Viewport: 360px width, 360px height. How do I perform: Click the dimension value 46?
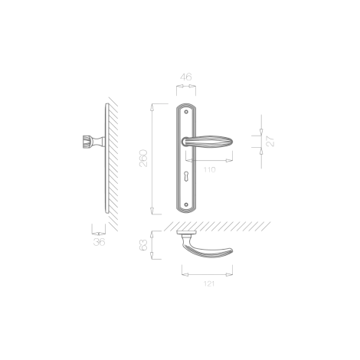[186, 77]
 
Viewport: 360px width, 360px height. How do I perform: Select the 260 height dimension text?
[143, 159]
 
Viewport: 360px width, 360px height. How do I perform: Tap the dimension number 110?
[209, 169]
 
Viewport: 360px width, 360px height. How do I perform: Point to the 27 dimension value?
[270, 142]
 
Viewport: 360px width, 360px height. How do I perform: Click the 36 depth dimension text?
[99, 242]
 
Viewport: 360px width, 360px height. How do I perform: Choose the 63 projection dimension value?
[144, 245]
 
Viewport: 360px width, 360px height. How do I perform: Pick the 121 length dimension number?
[209, 283]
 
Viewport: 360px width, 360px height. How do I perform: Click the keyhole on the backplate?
[186, 176]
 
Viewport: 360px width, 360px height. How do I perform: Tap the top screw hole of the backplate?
[186, 112]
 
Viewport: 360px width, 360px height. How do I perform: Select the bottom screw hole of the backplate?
[186, 205]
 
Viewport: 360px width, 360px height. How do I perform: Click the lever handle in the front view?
[207, 142]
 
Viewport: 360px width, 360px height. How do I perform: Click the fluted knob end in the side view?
[83, 142]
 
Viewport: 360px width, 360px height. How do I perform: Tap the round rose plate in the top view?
[187, 232]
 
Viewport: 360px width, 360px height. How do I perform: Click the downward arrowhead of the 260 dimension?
[152, 211]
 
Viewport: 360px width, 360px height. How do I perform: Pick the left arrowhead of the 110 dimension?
[189, 160]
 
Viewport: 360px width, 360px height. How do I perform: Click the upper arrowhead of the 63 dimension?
[152, 234]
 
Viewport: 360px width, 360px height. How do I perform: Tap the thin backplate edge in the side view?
[107, 159]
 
